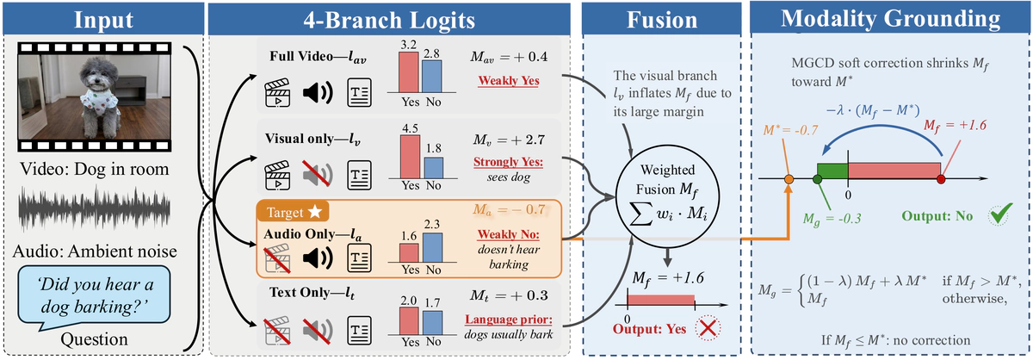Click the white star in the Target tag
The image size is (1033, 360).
(317, 210)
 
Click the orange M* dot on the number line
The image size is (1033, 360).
(789, 179)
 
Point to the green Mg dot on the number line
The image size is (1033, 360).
(817, 179)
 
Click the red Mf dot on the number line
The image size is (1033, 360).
(940, 179)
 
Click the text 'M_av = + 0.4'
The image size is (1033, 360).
(511, 57)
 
